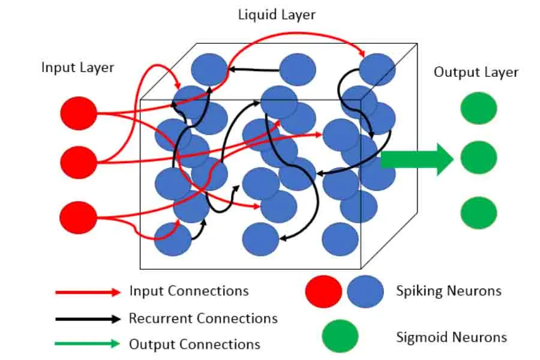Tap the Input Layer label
[77, 67]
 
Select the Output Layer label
[476, 72]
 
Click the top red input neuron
[79, 113]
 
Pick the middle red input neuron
[79, 161]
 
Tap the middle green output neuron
[478, 158]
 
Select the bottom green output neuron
[478, 212]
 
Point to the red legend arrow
[88, 292]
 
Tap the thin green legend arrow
[88, 344]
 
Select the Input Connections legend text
[188, 291]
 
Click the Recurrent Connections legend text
[203, 318]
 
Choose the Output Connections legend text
[194, 344]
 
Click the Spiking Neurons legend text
[448, 291]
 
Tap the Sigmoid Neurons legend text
[451, 337]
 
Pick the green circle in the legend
[340, 336]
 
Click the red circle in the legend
[323, 292]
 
